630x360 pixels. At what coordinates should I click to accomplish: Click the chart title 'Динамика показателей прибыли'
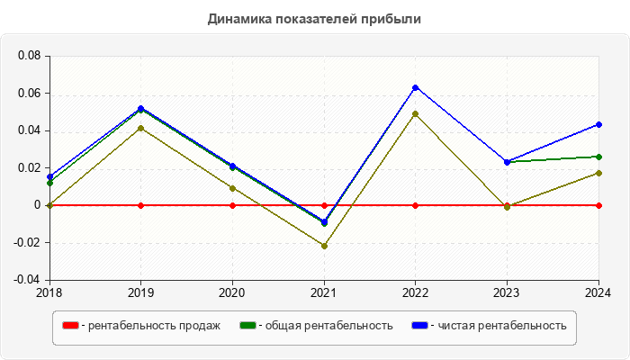tap(314, 18)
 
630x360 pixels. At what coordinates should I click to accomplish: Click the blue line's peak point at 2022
tap(415, 87)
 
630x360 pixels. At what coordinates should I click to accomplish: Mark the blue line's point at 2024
tap(598, 124)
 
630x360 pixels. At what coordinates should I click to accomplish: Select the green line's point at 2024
tap(598, 157)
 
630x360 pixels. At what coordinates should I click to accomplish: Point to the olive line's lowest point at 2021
tap(324, 246)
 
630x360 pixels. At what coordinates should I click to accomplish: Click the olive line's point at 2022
tap(415, 113)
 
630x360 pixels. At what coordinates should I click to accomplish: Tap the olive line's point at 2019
tap(140, 128)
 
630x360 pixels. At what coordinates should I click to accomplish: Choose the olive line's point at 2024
tap(598, 173)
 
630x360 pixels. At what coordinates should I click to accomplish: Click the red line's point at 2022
tap(415, 205)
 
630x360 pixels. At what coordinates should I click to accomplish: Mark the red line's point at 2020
tap(232, 205)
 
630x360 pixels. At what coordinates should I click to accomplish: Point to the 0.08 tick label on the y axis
tap(30, 56)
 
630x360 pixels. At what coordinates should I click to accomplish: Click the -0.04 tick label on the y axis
tap(28, 280)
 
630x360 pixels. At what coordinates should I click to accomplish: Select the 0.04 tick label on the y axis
tap(30, 130)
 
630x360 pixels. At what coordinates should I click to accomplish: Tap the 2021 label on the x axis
tap(324, 292)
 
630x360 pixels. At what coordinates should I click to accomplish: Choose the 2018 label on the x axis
tap(49, 292)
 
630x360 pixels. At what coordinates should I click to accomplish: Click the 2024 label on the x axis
tap(598, 292)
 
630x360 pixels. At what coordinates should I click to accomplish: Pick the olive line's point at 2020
tap(232, 188)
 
